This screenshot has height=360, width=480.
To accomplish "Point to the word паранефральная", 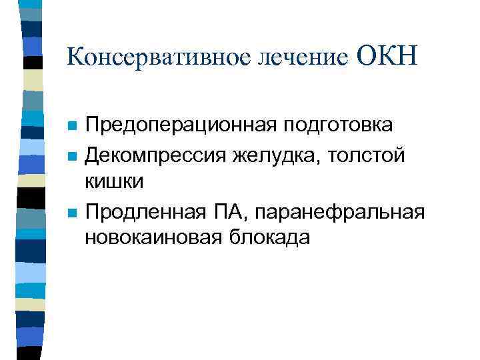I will tap(342, 213).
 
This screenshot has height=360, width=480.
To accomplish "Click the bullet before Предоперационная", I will tap(72, 126).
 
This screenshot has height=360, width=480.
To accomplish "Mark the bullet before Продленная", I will tap(72, 213).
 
